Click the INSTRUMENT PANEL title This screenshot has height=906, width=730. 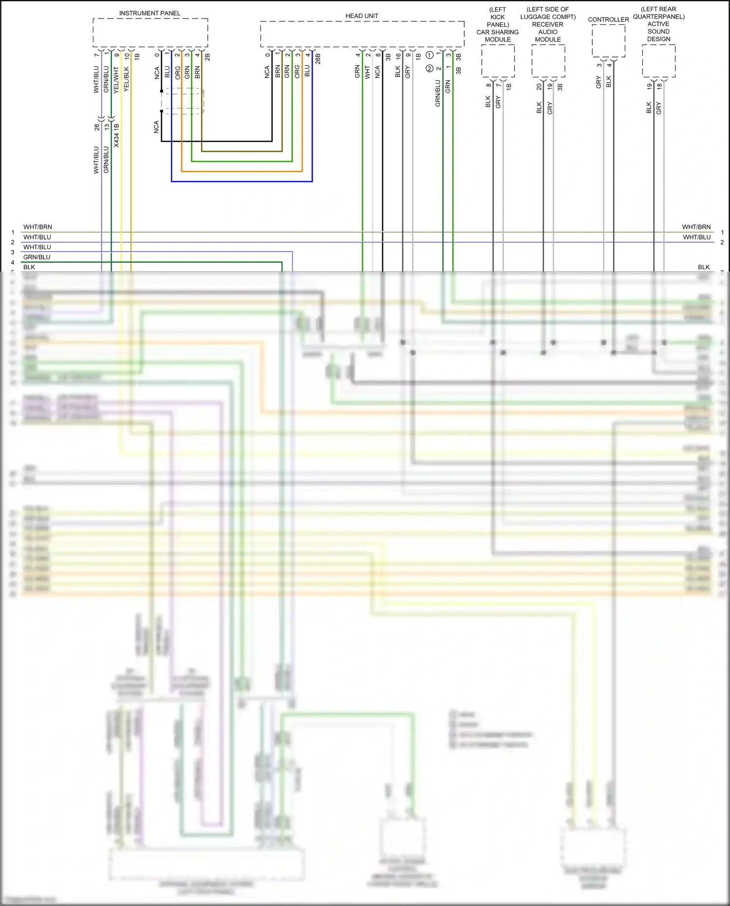[x=149, y=13]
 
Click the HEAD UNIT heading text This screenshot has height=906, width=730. [x=362, y=16]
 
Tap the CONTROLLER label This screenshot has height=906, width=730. [x=608, y=19]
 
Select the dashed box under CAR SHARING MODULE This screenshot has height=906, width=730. [x=498, y=61]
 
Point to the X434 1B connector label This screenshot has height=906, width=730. [x=117, y=135]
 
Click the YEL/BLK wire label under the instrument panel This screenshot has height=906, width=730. [x=127, y=79]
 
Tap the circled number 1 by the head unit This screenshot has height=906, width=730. [x=430, y=55]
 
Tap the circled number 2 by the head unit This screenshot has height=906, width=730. [x=429, y=69]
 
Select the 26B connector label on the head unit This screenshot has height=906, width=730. [x=318, y=59]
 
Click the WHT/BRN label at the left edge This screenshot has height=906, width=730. [x=37, y=227]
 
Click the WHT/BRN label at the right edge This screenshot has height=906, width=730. [x=696, y=227]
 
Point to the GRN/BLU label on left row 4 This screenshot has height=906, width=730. [x=36, y=257]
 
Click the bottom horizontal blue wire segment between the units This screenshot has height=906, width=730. [x=242, y=181]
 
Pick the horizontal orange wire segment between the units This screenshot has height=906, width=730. [x=242, y=171]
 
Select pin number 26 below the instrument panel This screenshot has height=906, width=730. [x=97, y=127]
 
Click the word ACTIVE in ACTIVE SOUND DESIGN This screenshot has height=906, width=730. [x=658, y=24]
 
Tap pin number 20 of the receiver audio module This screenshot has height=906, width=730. [x=539, y=87]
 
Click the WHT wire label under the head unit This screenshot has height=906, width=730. [x=367, y=72]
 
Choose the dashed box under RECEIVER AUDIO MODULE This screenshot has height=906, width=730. [x=548, y=61]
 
